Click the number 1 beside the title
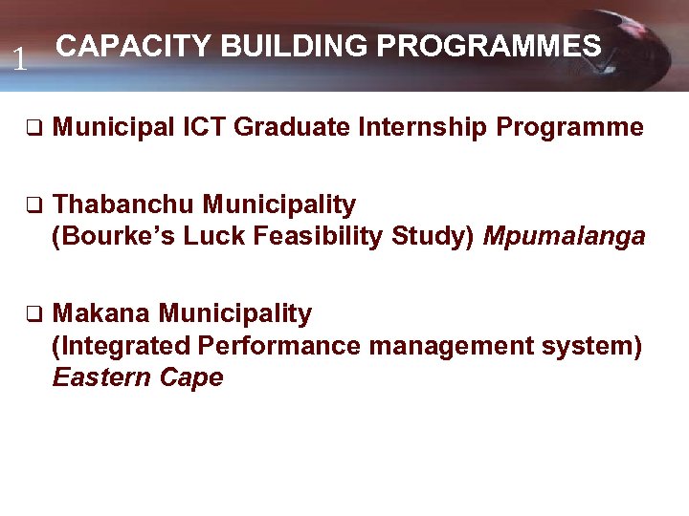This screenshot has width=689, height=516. point(18,61)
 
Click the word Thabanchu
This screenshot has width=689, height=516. point(124,204)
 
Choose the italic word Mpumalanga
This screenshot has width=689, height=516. point(564,236)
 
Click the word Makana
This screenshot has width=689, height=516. point(102,313)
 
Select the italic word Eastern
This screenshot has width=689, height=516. point(98,377)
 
